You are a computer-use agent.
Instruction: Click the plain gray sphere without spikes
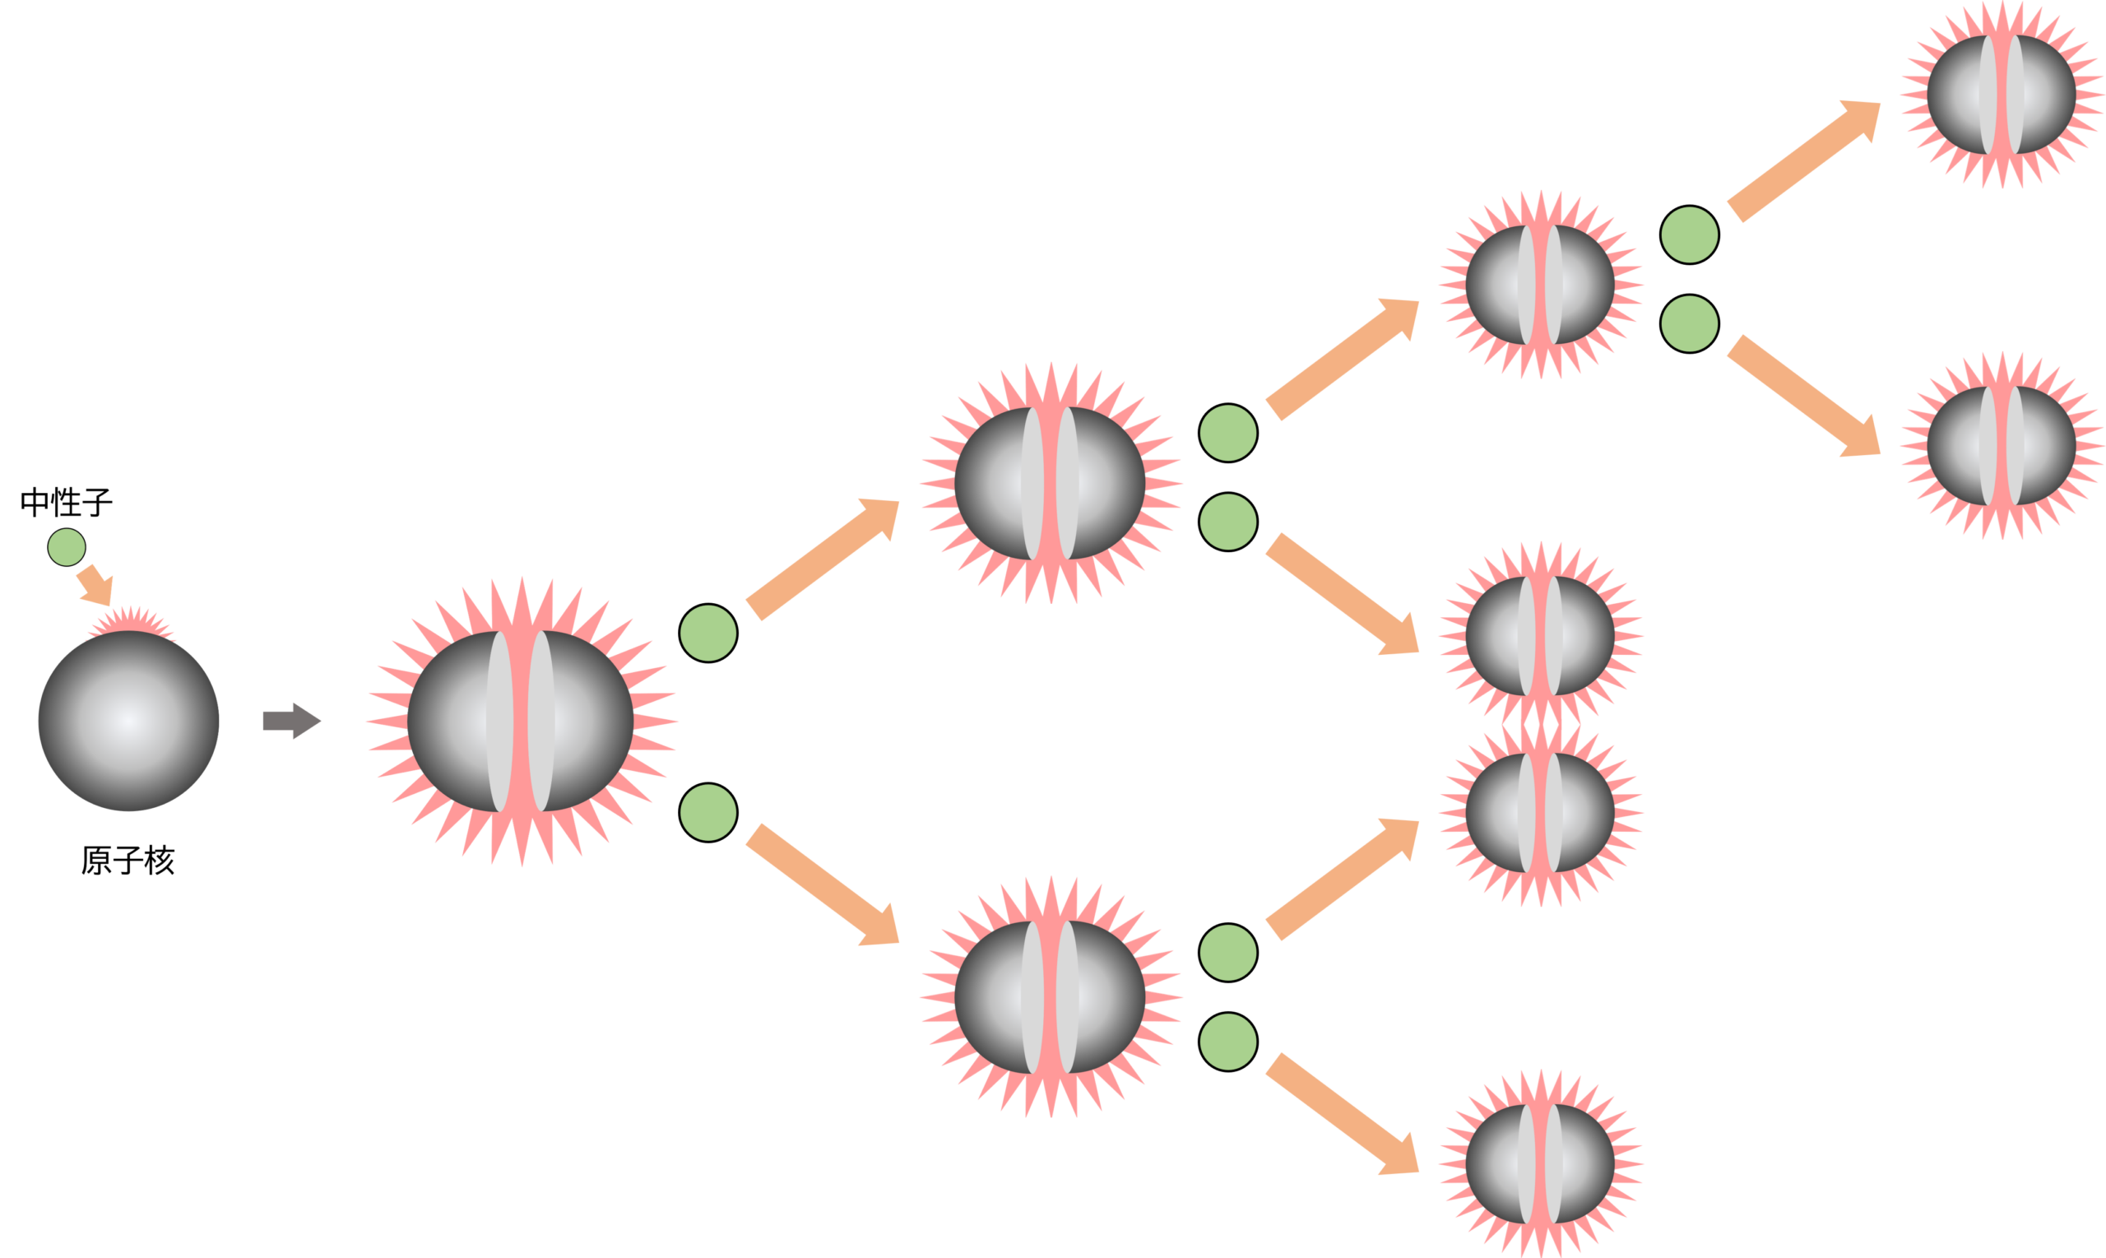coord(129,722)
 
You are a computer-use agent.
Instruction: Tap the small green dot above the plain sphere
coord(67,547)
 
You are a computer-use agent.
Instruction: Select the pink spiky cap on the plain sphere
coord(132,624)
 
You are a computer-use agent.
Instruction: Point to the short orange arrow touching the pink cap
coord(94,586)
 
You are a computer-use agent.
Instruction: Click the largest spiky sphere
coord(521,722)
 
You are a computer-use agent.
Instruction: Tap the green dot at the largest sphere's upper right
coord(708,634)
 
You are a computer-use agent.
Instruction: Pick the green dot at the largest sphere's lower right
coord(708,813)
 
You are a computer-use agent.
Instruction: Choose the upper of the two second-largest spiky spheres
coord(1050,483)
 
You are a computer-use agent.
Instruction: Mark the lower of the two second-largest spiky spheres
coord(1050,997)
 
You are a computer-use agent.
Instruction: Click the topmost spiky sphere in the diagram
coord(2002,94)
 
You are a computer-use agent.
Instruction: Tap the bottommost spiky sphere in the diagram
coord(1540,1163)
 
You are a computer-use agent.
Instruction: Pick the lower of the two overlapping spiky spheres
coord(1540,813)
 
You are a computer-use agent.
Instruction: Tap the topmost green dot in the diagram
coord(1690,234)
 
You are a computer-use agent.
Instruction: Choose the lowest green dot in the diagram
coord(1228,1042)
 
